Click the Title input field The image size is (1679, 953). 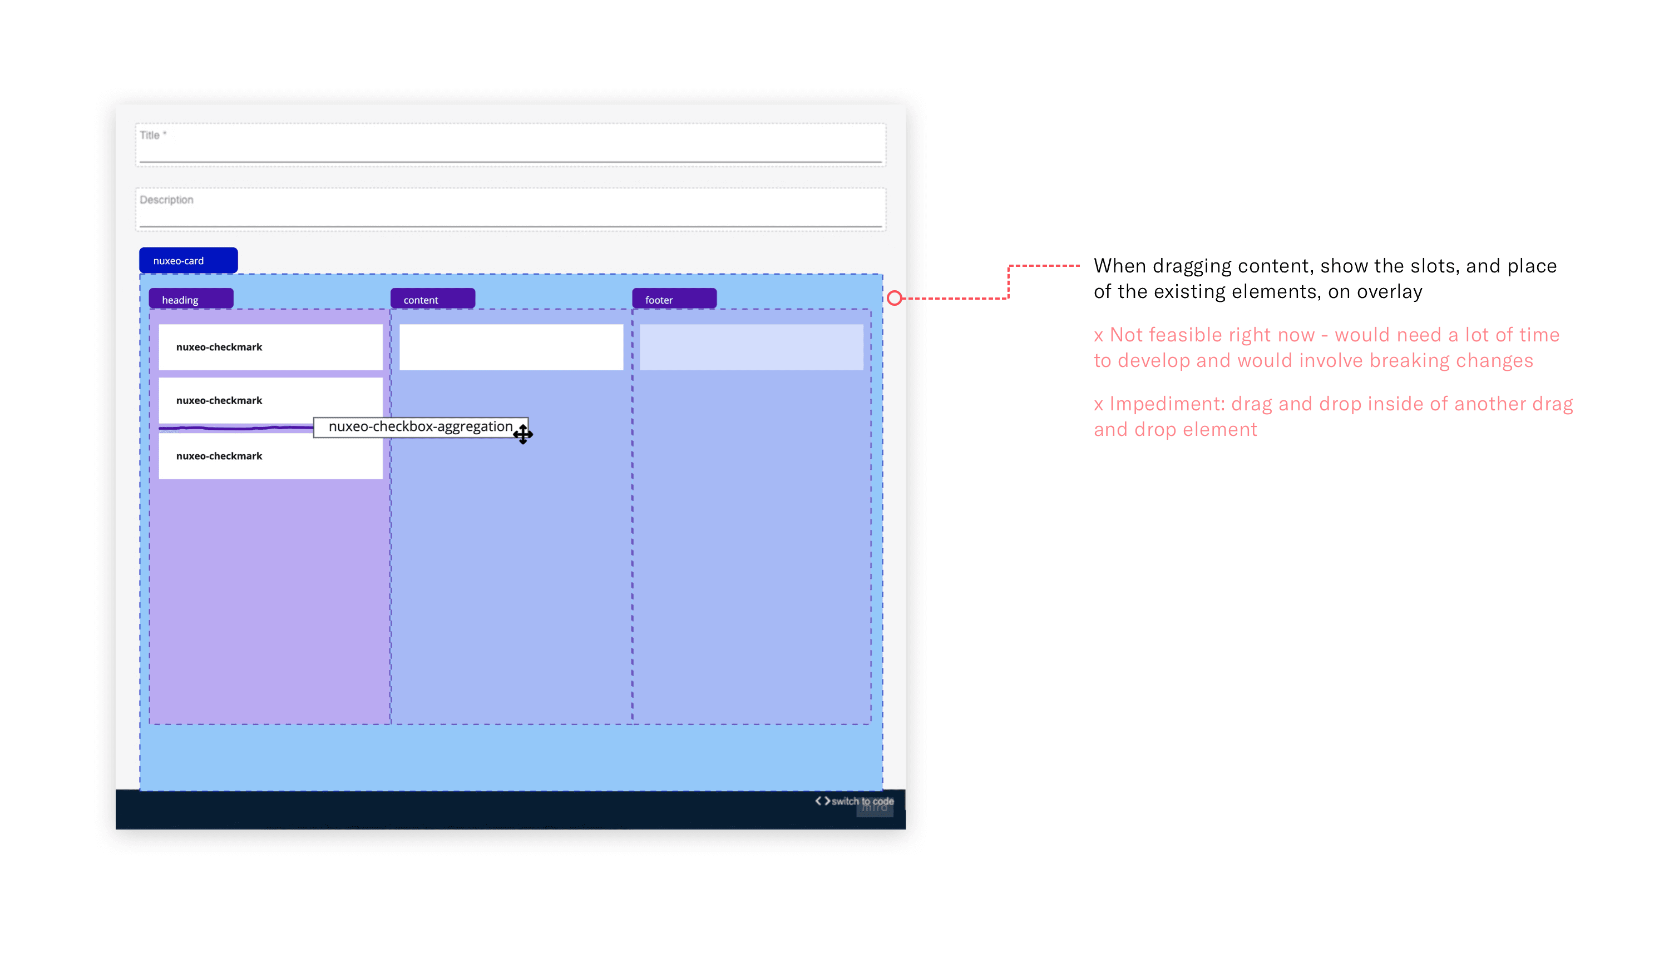[x=510, y=145]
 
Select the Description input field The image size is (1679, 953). [x=510, y=210]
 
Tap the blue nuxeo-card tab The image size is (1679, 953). [x=188, y=261]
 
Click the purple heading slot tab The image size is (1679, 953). [x=191, y=299]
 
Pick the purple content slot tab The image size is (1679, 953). [x=432, y=299]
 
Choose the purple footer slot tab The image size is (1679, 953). [x=674, y=299]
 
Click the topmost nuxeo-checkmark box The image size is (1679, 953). [x=270, y=347]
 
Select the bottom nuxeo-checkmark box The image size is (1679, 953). [x=270, y=456]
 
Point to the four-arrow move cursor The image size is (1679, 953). [x=522, y=434]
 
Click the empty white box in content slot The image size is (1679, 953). [x=511, y=347]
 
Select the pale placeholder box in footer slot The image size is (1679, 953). [x=751, y=347]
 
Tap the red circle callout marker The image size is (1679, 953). [x=895, y=299]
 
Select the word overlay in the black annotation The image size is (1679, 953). [x=1389, y=292]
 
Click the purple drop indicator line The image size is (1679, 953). [x=236, y=428]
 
